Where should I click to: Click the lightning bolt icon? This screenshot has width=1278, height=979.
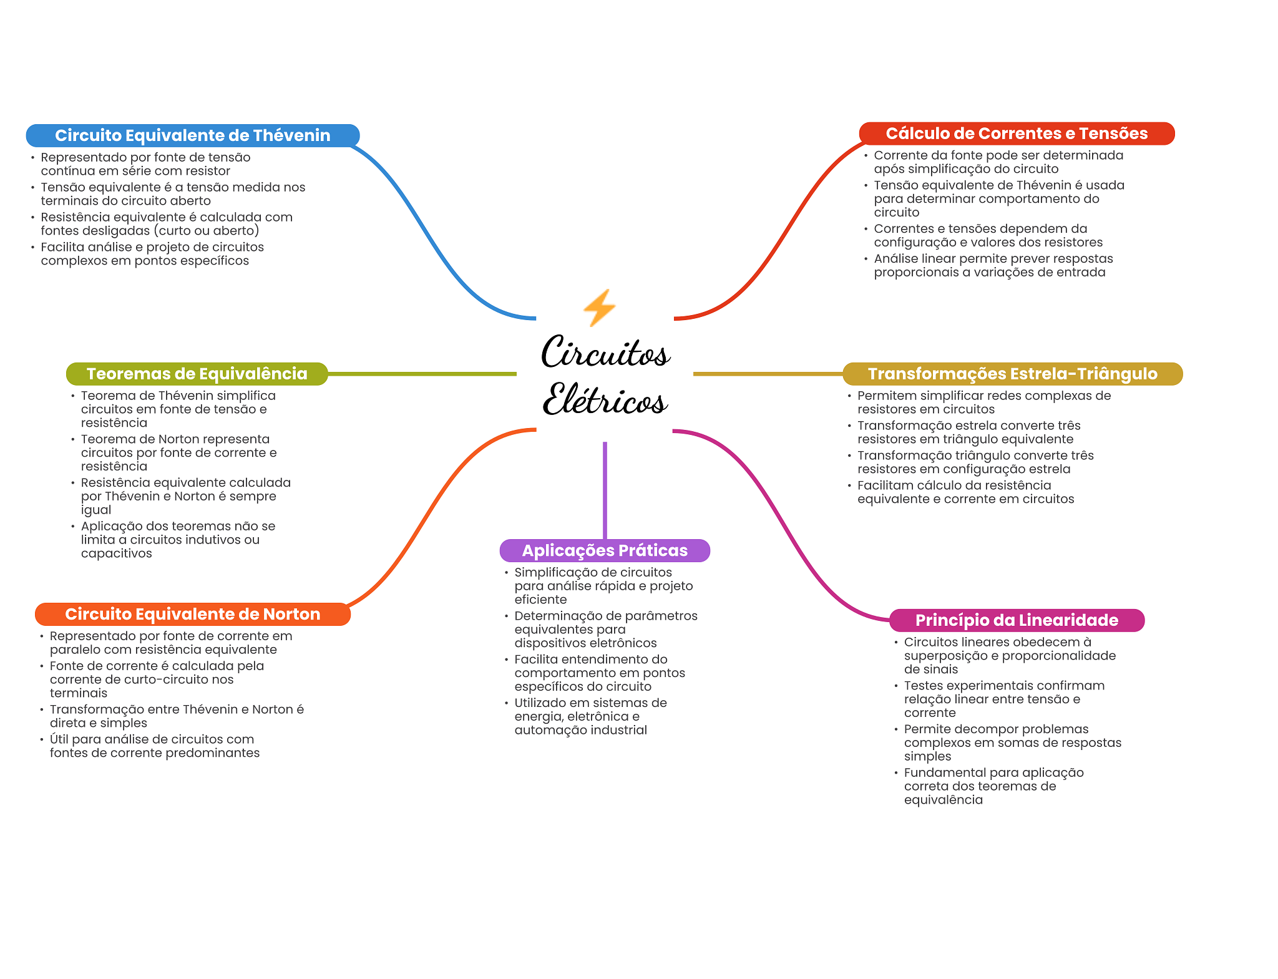[599, 307]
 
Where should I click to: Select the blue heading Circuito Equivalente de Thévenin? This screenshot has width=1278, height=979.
[192, 135]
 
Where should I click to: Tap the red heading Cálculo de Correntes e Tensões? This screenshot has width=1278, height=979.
[1016, 134]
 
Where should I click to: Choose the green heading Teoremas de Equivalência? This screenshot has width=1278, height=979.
[197, 374]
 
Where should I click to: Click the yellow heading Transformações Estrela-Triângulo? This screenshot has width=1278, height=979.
[1012, 374]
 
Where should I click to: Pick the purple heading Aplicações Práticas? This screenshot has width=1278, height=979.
[605, 550]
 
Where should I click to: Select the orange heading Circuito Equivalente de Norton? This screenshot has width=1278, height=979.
[192, 614]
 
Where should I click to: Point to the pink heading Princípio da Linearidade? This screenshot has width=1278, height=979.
[1016, 620]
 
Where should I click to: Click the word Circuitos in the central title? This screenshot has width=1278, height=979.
[605, 353]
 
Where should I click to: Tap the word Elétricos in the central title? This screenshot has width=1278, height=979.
[605, 400]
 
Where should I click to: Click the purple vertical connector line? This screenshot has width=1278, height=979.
[605, 490]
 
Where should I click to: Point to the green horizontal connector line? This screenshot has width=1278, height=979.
[422, 374]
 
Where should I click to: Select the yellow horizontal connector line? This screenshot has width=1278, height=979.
[768, 374]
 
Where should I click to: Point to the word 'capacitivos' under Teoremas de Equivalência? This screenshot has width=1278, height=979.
[116, 553]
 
